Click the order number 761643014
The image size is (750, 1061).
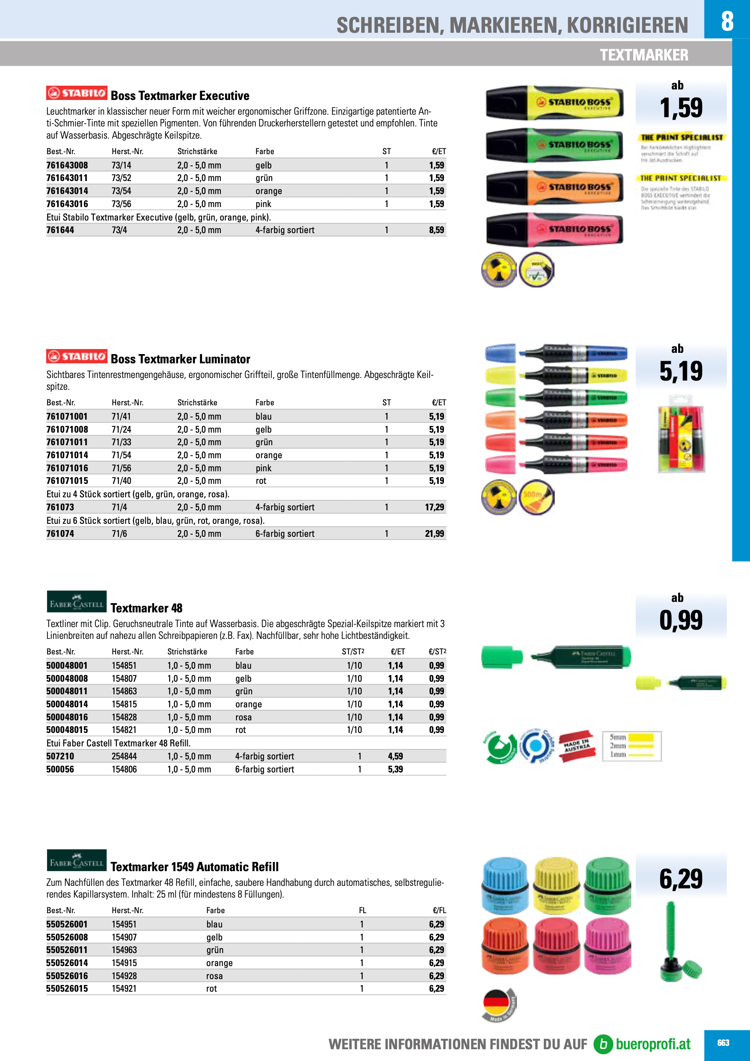coord(67,191)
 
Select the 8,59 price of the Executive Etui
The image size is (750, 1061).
coord(436,230)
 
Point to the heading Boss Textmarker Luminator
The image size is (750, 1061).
coord(180,359)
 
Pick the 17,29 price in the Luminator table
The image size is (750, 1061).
coord(434,507)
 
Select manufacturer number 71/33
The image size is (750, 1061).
coord(121,442)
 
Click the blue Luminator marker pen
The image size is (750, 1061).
coord(573,354)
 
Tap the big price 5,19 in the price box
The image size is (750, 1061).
coord(681,371)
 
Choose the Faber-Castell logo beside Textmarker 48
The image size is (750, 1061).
coord(77,601)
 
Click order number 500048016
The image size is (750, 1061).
coord(67,717)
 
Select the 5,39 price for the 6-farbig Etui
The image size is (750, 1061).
coord(395,769)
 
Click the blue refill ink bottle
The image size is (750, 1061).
coord(505,885)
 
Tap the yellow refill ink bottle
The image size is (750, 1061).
coord(556,885)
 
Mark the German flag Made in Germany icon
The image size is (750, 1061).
coord(498,1005)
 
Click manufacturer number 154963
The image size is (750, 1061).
coord(124,950)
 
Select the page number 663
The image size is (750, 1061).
coord(723,1043)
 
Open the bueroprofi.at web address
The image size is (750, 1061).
coord(653,1044)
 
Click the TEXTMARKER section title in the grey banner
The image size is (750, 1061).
coord(644,55)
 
